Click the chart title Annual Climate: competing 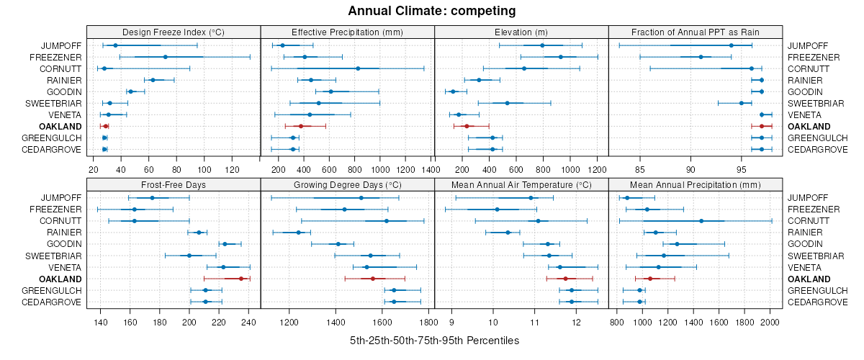(431, 11)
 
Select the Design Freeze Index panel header (174, 32)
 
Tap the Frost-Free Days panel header (174, 184)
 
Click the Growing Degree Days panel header (348, 184)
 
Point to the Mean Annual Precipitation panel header (696, 184)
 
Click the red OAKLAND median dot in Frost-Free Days (241, 278)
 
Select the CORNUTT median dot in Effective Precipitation (358, 68)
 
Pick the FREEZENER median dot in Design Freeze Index (166, 57)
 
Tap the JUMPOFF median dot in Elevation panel (542, 45)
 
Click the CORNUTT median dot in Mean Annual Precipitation (701, 220)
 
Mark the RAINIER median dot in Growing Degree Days (298, 232)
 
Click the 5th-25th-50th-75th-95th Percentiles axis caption (434, 340)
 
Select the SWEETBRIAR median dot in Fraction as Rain (742, 103)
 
